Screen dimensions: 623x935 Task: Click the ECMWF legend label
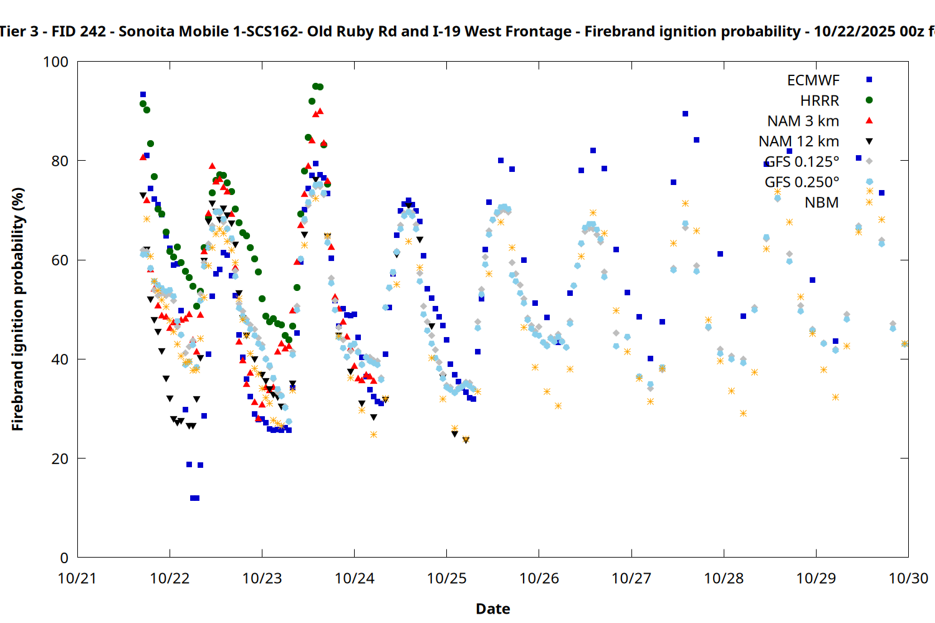coord(813,80)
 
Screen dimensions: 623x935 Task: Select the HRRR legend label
coord(820,101)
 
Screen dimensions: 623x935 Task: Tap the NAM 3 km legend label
coord(803,121)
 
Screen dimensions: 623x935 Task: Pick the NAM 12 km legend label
coord(798,141)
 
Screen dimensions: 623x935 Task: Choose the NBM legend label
coord(822,202)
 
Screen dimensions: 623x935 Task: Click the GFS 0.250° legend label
coord(802,182)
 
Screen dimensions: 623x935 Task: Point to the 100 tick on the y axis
coord(55,62)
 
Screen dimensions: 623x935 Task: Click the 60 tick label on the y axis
coord(60,260)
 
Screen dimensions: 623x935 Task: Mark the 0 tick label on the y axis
coord(64,558)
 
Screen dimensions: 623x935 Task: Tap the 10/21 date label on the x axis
coord(77,578)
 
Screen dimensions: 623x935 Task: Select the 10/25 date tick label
coord(446,578)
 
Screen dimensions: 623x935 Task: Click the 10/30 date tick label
coord(908,578)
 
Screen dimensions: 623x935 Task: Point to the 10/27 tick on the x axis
coord(631,578)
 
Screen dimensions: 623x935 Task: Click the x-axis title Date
coord(492,609)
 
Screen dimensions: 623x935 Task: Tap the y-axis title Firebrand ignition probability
coord(17,309)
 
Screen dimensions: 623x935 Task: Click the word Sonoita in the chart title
coord(146,31)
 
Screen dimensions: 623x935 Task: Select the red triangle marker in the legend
coord(869,121)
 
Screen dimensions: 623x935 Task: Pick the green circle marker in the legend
coord(869,100)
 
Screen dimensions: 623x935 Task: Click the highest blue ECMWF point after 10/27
coord(685,114)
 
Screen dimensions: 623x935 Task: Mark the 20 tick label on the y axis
coord(60,459)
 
